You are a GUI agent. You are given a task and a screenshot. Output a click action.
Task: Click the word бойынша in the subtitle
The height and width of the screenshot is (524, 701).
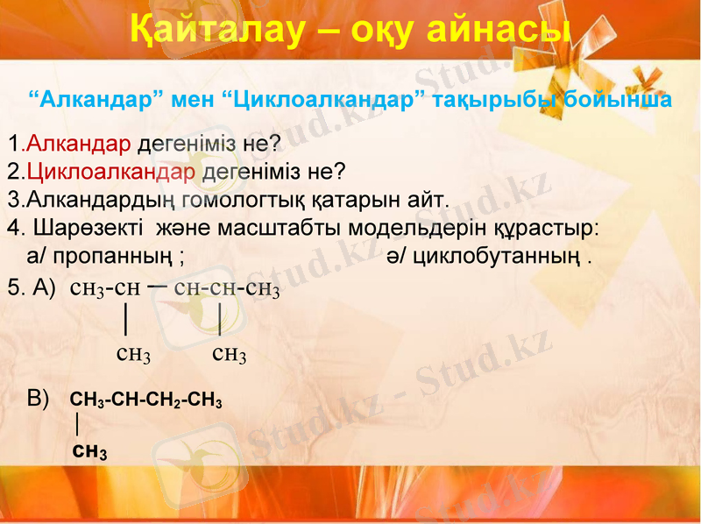pos(618,99)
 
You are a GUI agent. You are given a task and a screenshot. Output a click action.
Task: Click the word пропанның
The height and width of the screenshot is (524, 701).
pos(117,257)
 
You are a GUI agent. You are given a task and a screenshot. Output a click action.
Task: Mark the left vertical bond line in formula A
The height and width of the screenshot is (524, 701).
pos(127,318)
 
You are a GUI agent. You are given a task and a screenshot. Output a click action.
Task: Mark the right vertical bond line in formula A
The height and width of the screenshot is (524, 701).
pos(219,318)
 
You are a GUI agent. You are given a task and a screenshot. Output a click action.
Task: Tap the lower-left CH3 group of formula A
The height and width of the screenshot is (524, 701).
pos(133,354)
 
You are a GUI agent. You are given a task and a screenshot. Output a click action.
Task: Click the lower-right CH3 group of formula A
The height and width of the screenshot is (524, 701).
pos(230,354)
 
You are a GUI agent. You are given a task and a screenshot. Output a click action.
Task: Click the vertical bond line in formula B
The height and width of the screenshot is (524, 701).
pos(78,425)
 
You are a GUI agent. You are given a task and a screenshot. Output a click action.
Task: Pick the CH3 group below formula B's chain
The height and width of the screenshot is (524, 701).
pos(89,452)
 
